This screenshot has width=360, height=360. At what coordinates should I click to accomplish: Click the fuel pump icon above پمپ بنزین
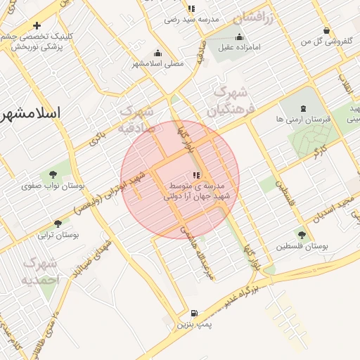pos(194,313)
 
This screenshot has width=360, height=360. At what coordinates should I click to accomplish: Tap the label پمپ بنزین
pos(193,325)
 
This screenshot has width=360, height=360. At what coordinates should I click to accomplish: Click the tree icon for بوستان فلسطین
pos(302,235)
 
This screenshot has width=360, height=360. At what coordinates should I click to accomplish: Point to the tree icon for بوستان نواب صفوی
pos(53,174)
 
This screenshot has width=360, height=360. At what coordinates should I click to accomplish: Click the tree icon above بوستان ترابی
pos(58,224)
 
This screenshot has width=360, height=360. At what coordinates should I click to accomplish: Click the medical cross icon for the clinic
pos(37,26)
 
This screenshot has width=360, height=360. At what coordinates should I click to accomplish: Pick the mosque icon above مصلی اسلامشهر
pos(157,53)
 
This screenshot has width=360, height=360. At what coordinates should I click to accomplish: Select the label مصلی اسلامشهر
pos(157,63)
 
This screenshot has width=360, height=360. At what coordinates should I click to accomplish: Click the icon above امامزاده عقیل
pos(240,37)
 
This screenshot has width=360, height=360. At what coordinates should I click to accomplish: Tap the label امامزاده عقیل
pos(240,48)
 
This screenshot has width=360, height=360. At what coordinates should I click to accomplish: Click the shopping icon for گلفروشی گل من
pos(327,30)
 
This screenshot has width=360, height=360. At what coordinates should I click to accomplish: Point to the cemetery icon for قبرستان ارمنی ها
pos(303,108)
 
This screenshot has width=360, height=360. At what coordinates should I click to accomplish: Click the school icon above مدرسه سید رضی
pos(191,9)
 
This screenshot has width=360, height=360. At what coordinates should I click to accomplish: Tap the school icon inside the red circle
pos(195,175)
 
